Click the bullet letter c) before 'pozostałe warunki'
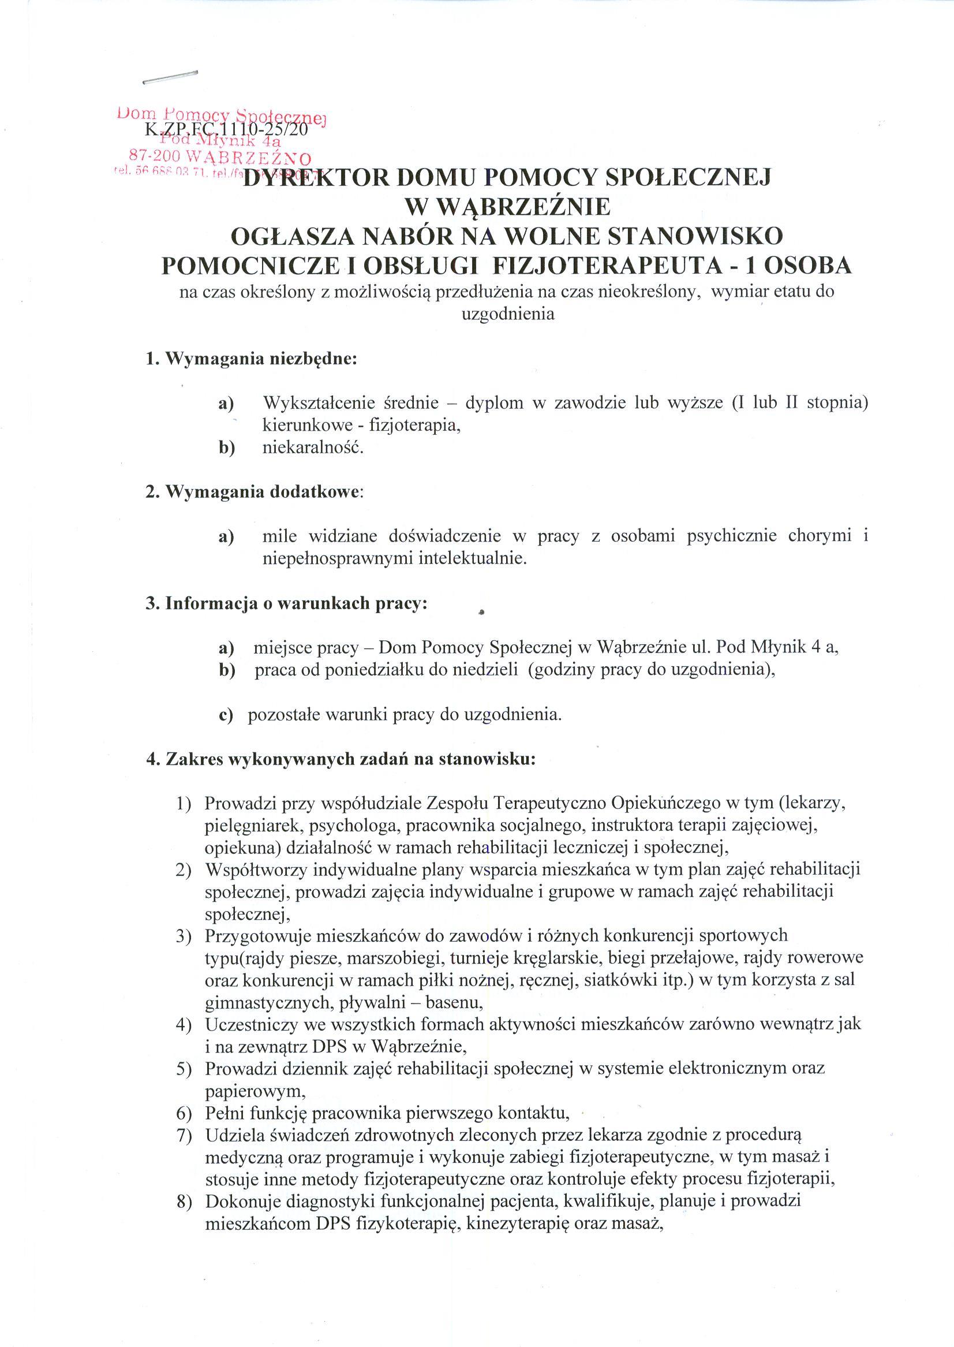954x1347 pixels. (226, 716)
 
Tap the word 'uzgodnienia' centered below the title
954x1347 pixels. (507, 314)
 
